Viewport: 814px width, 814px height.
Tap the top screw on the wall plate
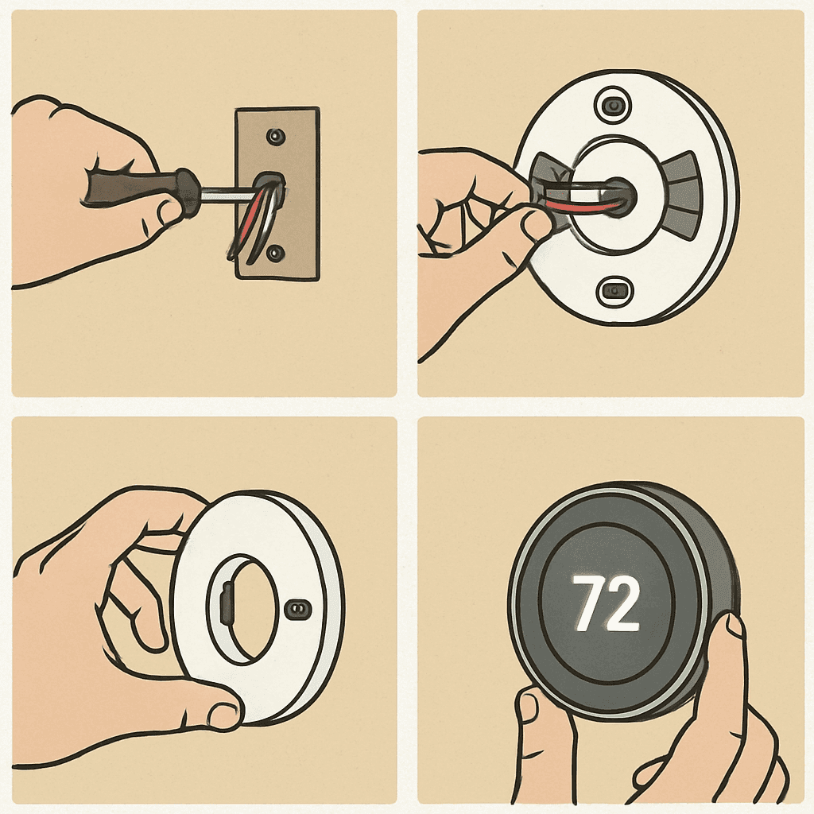[x=275, y=137]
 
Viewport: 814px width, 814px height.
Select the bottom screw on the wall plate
[x=275, y=253]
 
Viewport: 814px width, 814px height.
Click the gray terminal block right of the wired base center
[x=681, y=196]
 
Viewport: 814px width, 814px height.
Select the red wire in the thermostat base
[x=581, y=207]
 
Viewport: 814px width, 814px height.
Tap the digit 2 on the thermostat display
[x=622, y=603]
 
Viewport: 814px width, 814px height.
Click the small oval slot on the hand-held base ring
[x=299, y=608]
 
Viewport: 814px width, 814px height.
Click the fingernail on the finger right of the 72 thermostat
[x=734, y=628]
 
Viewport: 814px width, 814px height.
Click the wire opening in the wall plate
[x=269, y=185]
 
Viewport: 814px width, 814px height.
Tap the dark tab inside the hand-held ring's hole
[x=227, y=603]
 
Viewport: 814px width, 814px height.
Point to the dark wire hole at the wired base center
[x=621, y=194]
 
